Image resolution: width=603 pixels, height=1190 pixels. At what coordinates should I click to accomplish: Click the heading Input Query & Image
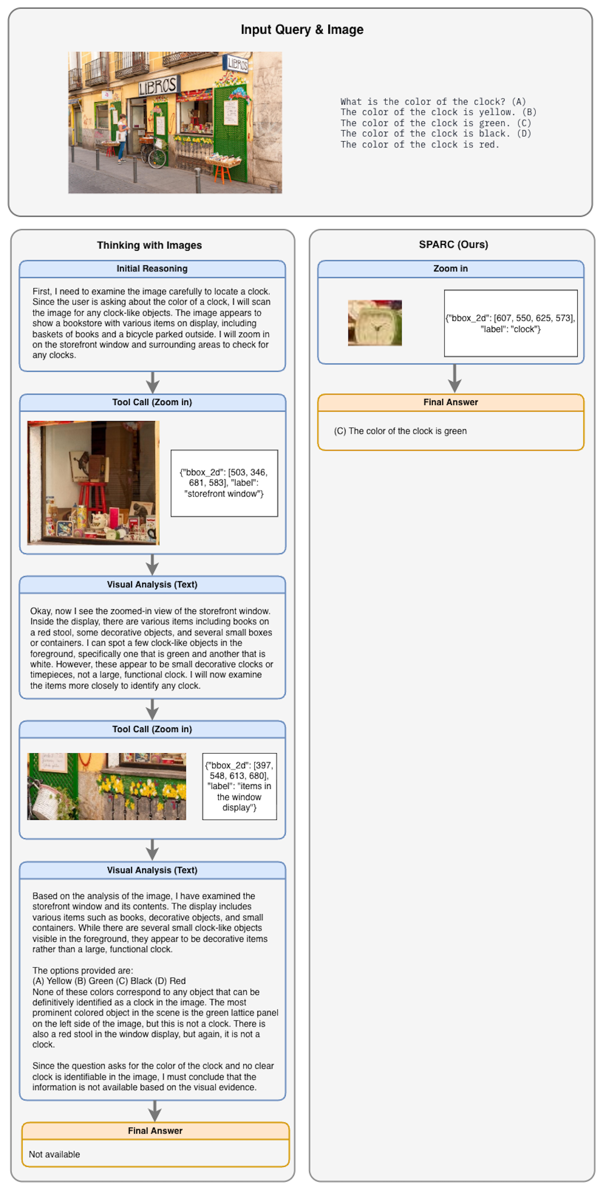pos(301,30)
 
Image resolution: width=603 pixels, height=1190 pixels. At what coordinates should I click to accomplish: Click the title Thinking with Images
pos(149,245)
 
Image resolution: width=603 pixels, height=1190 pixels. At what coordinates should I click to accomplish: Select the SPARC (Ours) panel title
pos(453,244)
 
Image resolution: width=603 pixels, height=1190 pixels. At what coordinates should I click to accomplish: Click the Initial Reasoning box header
pos(152,268)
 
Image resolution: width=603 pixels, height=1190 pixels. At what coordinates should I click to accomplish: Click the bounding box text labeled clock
pos(510,323)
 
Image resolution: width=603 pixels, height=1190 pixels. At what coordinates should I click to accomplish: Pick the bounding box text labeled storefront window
pos(224,483)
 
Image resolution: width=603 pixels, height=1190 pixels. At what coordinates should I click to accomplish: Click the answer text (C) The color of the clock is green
pos(400,430)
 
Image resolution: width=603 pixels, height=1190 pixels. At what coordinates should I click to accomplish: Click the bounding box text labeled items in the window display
pos(239,786)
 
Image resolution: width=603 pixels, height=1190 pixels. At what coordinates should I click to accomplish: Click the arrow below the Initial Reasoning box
pos(152,383)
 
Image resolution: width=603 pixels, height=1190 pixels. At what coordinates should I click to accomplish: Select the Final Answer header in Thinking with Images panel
pos(155,1130)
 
